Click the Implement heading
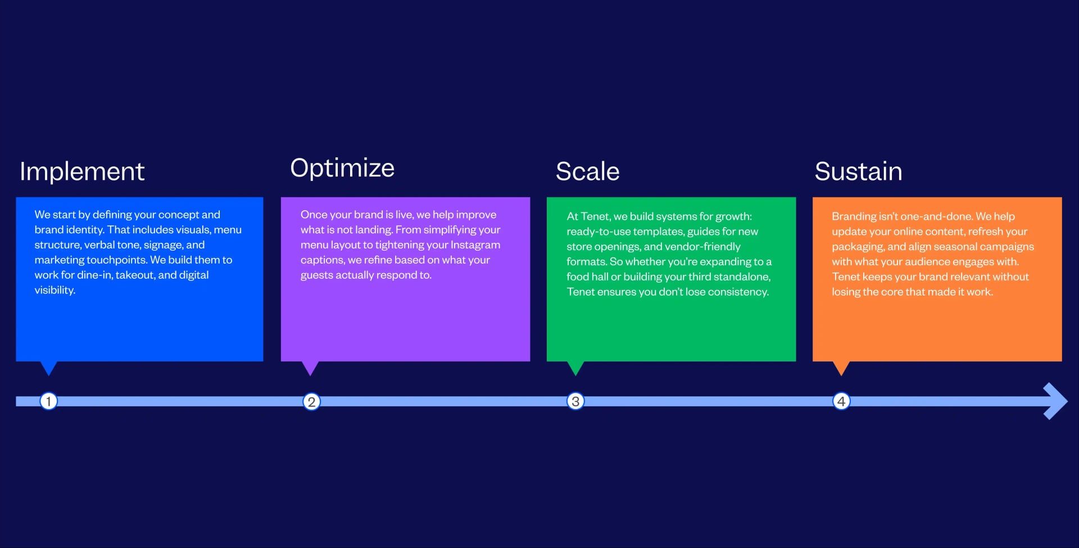[x=82, y=171]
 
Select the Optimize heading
[x=342, y=168]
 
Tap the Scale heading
[x=587, y=171]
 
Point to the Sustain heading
[x=858, y=171]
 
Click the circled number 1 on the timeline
[x=49, y=401]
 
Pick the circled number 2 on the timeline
[x=311, y=402]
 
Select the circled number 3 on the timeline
[x=575, y=401]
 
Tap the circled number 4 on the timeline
[x=841, y=401]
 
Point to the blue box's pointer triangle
[x=49, y=367]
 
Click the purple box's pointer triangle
[x=310, y=367]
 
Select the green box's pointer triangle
[x=575, y=367]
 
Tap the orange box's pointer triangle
[x=841, y=367]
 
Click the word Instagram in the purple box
[x=475, y=245]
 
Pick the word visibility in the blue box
[x=55, y=291]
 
